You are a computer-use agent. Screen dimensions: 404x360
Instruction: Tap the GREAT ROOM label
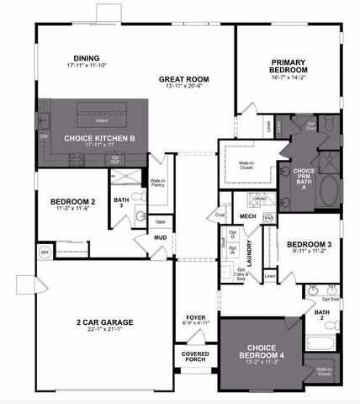(184, 80)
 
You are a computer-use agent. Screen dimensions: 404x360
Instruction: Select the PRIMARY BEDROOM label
(289, 66)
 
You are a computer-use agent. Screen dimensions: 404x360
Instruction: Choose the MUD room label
(160, 237)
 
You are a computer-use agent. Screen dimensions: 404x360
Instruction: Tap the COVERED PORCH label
(196, 357)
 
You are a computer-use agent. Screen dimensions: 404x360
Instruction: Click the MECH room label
(247, 216)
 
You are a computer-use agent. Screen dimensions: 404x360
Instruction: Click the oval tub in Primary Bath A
(327, 191)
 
